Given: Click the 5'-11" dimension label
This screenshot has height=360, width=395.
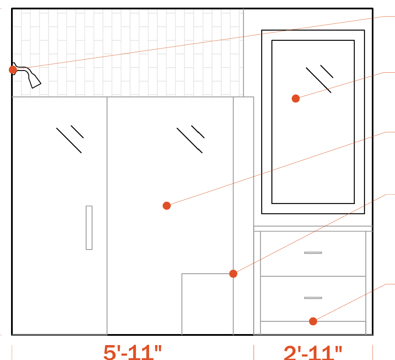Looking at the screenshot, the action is (x=133, y=352).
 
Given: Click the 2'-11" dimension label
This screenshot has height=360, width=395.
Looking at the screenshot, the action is (x=313, y=352).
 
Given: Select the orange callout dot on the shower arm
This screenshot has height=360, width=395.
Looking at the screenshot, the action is (x=13, y=70).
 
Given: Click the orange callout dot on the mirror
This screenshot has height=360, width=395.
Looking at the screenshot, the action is (x=296, y=98).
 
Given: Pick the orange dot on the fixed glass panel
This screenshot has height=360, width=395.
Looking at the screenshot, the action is (x=166, y=206).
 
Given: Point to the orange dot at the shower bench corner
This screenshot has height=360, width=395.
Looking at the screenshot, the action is (x=233, y=274).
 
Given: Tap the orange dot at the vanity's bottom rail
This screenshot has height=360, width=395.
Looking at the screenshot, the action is (x=313, y=321).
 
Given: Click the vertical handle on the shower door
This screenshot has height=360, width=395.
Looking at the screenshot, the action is (x=89, y=228).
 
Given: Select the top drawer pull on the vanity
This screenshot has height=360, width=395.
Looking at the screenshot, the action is (x=313, y=252).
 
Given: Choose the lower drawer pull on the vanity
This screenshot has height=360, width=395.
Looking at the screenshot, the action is (x=313, y=298).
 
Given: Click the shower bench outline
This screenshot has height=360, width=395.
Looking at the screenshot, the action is (x=182, y=303).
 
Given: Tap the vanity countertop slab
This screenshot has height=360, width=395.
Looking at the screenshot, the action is (x=313, y=229).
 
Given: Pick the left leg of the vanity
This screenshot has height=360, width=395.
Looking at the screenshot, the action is (x=257, y=283).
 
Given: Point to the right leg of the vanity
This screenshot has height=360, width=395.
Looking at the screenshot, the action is (x=370, y=283).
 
